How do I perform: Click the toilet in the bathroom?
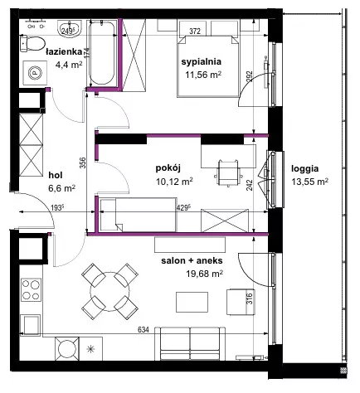32,43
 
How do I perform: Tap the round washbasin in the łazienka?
70,28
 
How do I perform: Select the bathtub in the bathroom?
102,53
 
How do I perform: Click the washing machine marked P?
35,73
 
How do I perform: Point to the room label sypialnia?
202,61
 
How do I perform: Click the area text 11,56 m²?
203,75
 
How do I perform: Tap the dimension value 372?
195,32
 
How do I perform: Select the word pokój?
168,168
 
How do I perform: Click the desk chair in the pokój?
228,172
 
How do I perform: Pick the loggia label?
304,168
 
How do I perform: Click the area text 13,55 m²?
309,182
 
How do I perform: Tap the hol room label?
56,175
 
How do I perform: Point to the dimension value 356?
83,163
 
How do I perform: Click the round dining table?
109,291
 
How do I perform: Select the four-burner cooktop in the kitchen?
31,289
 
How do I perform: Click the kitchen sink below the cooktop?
31,325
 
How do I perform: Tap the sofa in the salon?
190,343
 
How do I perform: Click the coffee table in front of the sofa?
192,302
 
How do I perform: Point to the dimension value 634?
144,330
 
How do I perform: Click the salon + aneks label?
192,260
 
